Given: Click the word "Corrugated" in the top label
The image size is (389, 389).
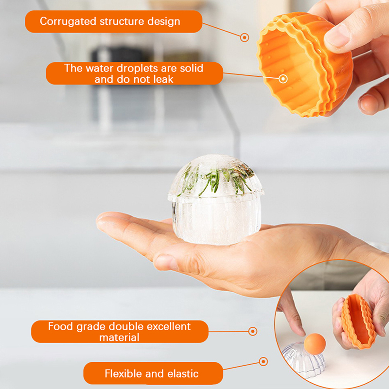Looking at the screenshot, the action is (68, 21).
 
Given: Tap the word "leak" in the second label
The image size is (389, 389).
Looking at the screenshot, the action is (163, 79).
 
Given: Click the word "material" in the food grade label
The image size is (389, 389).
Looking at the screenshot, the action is (119, 337).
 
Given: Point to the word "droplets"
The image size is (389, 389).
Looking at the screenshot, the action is (138, 68).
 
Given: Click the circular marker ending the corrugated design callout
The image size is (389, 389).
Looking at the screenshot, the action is (245, 37).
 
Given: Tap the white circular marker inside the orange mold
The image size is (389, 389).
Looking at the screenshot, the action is (283, 79).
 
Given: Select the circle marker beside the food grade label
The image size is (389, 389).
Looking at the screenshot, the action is (252, 331).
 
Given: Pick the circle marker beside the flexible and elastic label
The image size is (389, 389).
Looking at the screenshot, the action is (263, 361).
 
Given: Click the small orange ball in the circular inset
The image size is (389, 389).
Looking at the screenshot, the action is (315, 344).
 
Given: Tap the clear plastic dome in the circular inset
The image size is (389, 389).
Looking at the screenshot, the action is (303, 360).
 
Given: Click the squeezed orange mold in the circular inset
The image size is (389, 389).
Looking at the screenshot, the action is (358, 321).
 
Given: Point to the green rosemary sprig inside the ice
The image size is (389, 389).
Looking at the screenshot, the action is (215, 179).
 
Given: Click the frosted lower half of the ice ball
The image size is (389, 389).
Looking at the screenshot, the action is (216, 222).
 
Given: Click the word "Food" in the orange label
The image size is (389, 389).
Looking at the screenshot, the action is (60, 326).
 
